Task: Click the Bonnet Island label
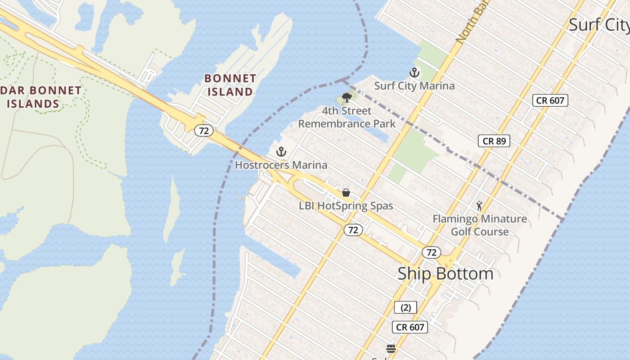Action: (x=230, y=85)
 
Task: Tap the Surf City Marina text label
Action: (x=414, y=85)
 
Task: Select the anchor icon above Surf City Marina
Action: (x=414, y=72)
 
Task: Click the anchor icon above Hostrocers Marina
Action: (x=281, y=152)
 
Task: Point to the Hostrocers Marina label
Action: (x=281, y=165)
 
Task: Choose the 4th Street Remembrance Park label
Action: (x=346, y=117)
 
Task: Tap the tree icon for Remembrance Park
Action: (x=346, y=97)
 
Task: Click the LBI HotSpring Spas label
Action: (x=346, y=206)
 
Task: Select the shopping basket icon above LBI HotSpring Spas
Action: (x=346, y=193)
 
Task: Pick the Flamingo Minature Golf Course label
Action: (x=480, y=225)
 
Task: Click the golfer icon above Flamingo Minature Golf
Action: (x=479, y=206)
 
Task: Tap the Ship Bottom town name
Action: (x=445, y=274)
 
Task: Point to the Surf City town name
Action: (x=598, y=25)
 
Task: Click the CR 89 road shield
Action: (x=494, y=141)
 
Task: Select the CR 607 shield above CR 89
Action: (x=550, y=100)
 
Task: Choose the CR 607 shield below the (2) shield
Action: (x=409, y=327)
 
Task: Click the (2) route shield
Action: (x=405, y=308)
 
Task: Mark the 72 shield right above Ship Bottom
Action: (x=431, y=252)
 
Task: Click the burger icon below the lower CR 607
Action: (x=391, y=348)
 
